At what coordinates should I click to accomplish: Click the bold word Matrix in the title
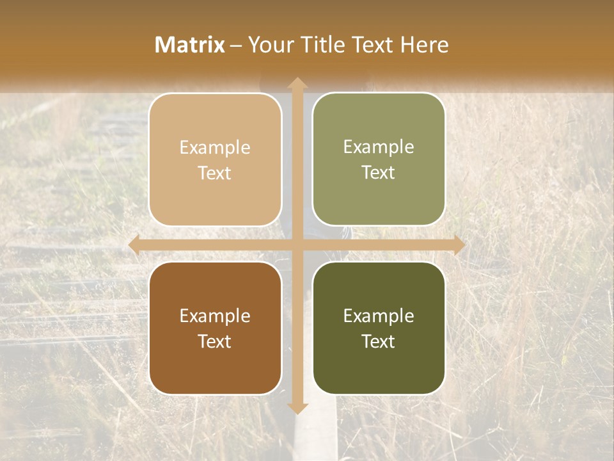click(x=190, y=45)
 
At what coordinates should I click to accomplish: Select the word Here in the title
click(x=425, y=45)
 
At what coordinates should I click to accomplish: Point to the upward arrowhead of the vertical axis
click(x=297, y=83)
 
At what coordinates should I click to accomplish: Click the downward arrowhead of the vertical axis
click(x=297, y=408)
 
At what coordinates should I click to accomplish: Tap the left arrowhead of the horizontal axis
click(x=134, y=245)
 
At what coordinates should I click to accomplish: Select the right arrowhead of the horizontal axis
click(x=459, y=245)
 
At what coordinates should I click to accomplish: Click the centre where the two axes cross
click(x=297, y=245)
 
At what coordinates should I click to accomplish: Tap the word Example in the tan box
click(x=215, y=148)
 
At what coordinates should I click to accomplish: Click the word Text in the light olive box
click(x=379, y=173)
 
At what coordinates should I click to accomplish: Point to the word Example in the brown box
click(x=215, y=316)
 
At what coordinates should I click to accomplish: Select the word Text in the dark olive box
click(x=379, y=341)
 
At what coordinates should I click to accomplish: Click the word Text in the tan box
click(x=215, y=174)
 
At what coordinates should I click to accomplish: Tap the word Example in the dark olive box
click(x=379, y=316)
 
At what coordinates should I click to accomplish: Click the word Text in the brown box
click(x=215, y=342)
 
